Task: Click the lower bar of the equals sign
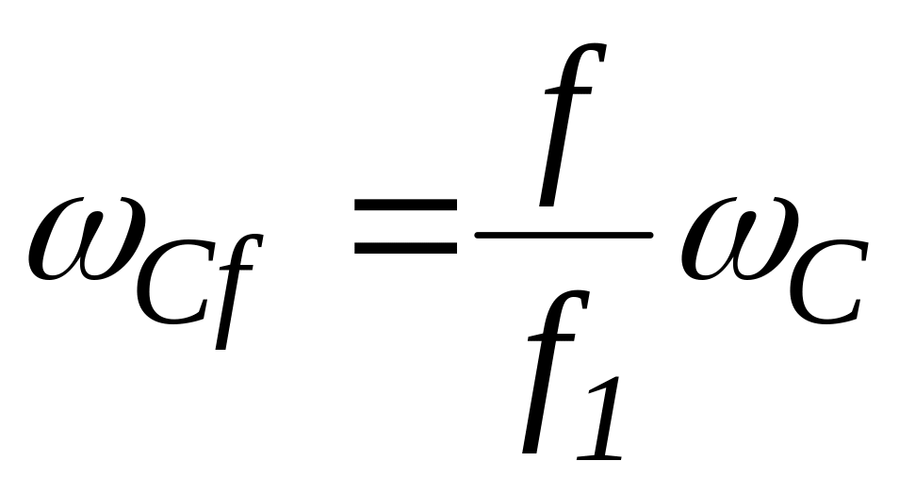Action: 404,250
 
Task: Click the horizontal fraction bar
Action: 563,234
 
